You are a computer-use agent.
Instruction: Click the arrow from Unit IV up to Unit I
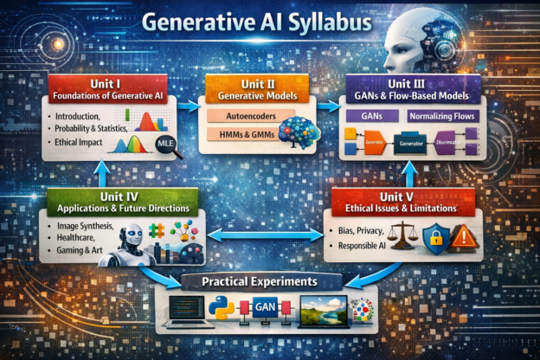click(x=99, y=176)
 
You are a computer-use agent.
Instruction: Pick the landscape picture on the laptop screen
click(x=324, y=309)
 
